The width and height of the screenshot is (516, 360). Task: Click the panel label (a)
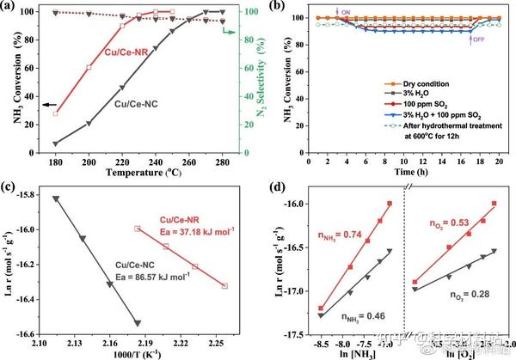14,8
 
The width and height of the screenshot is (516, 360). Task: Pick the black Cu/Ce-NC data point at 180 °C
56,143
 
